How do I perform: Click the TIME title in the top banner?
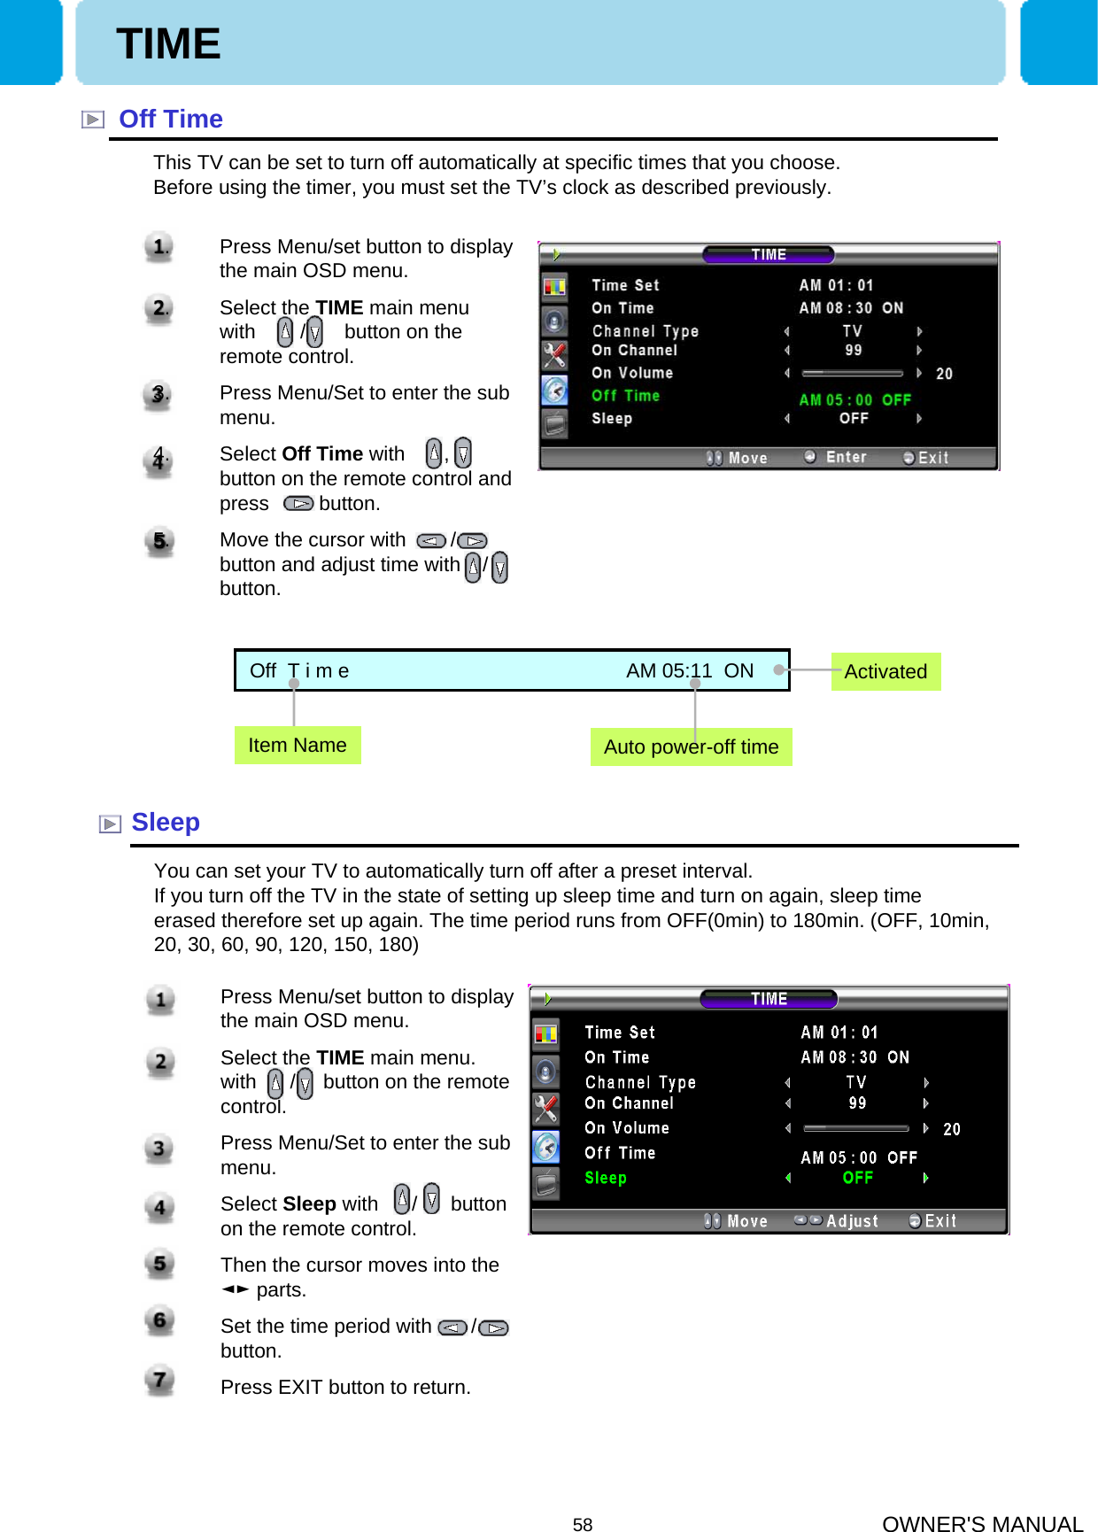tap(168, 43)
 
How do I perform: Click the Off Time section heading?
tap(170, 119)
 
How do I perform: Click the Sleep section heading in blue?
tap(166, 822)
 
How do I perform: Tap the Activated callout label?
tap(885, 671)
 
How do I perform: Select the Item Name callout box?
tap(298, 745)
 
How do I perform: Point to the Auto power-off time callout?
tap(691, 747)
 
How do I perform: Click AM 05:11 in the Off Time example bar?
tap(669, 670)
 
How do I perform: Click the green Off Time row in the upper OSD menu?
tap(626, 396)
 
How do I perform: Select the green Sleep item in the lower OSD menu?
tap(606, 1178)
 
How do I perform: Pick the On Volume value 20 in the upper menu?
tap(944, 374)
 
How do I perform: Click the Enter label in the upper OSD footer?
tap(846, 457)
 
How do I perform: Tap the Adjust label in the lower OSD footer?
tap(852, 1221)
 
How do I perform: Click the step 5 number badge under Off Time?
tap(159, 541)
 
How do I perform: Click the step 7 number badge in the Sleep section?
tap(159, 1380)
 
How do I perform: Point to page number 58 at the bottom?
tap(583, 1524)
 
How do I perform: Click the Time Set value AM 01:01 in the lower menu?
tap(839, 1033)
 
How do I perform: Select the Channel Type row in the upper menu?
tap(646, 331)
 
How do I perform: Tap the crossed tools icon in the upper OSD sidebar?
tap(554, 355)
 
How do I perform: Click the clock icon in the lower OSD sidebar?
tap(546, 1148)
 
